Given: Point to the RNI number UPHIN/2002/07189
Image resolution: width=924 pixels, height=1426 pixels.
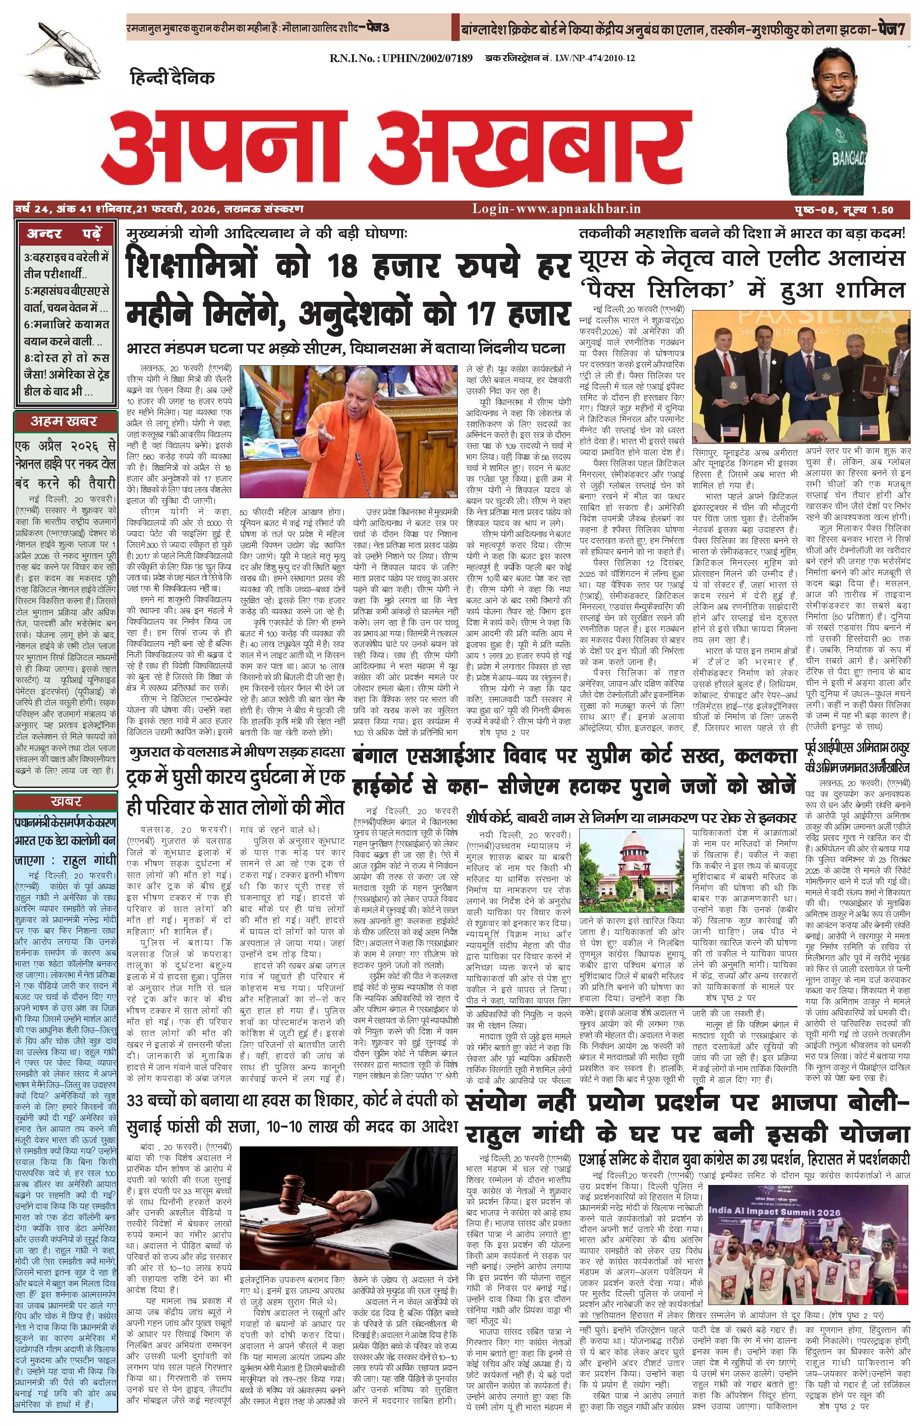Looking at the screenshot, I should point(401,59).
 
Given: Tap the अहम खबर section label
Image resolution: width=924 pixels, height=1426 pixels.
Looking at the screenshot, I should point(64,421).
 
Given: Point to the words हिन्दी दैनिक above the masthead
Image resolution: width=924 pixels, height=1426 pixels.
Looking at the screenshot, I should point(173,77).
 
